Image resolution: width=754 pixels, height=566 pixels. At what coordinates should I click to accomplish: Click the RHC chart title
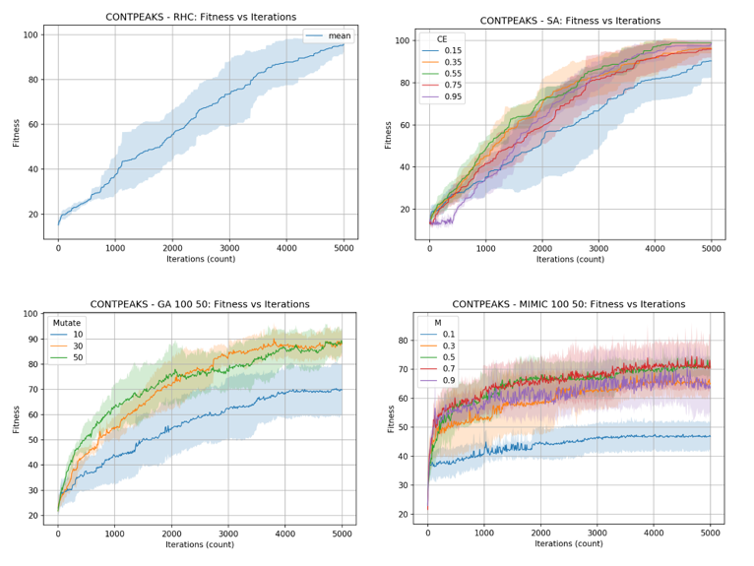coord(200,17)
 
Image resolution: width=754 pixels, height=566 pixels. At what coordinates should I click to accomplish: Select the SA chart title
coord(571,21)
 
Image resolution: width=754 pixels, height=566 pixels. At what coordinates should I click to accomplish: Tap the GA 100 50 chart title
coord(200,304)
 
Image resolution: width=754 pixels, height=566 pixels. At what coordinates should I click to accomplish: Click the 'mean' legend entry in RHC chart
coord(339,36)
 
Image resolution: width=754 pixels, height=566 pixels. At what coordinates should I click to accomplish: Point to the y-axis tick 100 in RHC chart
coord(30,34)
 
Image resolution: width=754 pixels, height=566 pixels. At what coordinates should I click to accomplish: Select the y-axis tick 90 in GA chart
coord(32,340)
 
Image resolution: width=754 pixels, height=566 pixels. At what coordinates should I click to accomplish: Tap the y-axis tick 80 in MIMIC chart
coord(403,341)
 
